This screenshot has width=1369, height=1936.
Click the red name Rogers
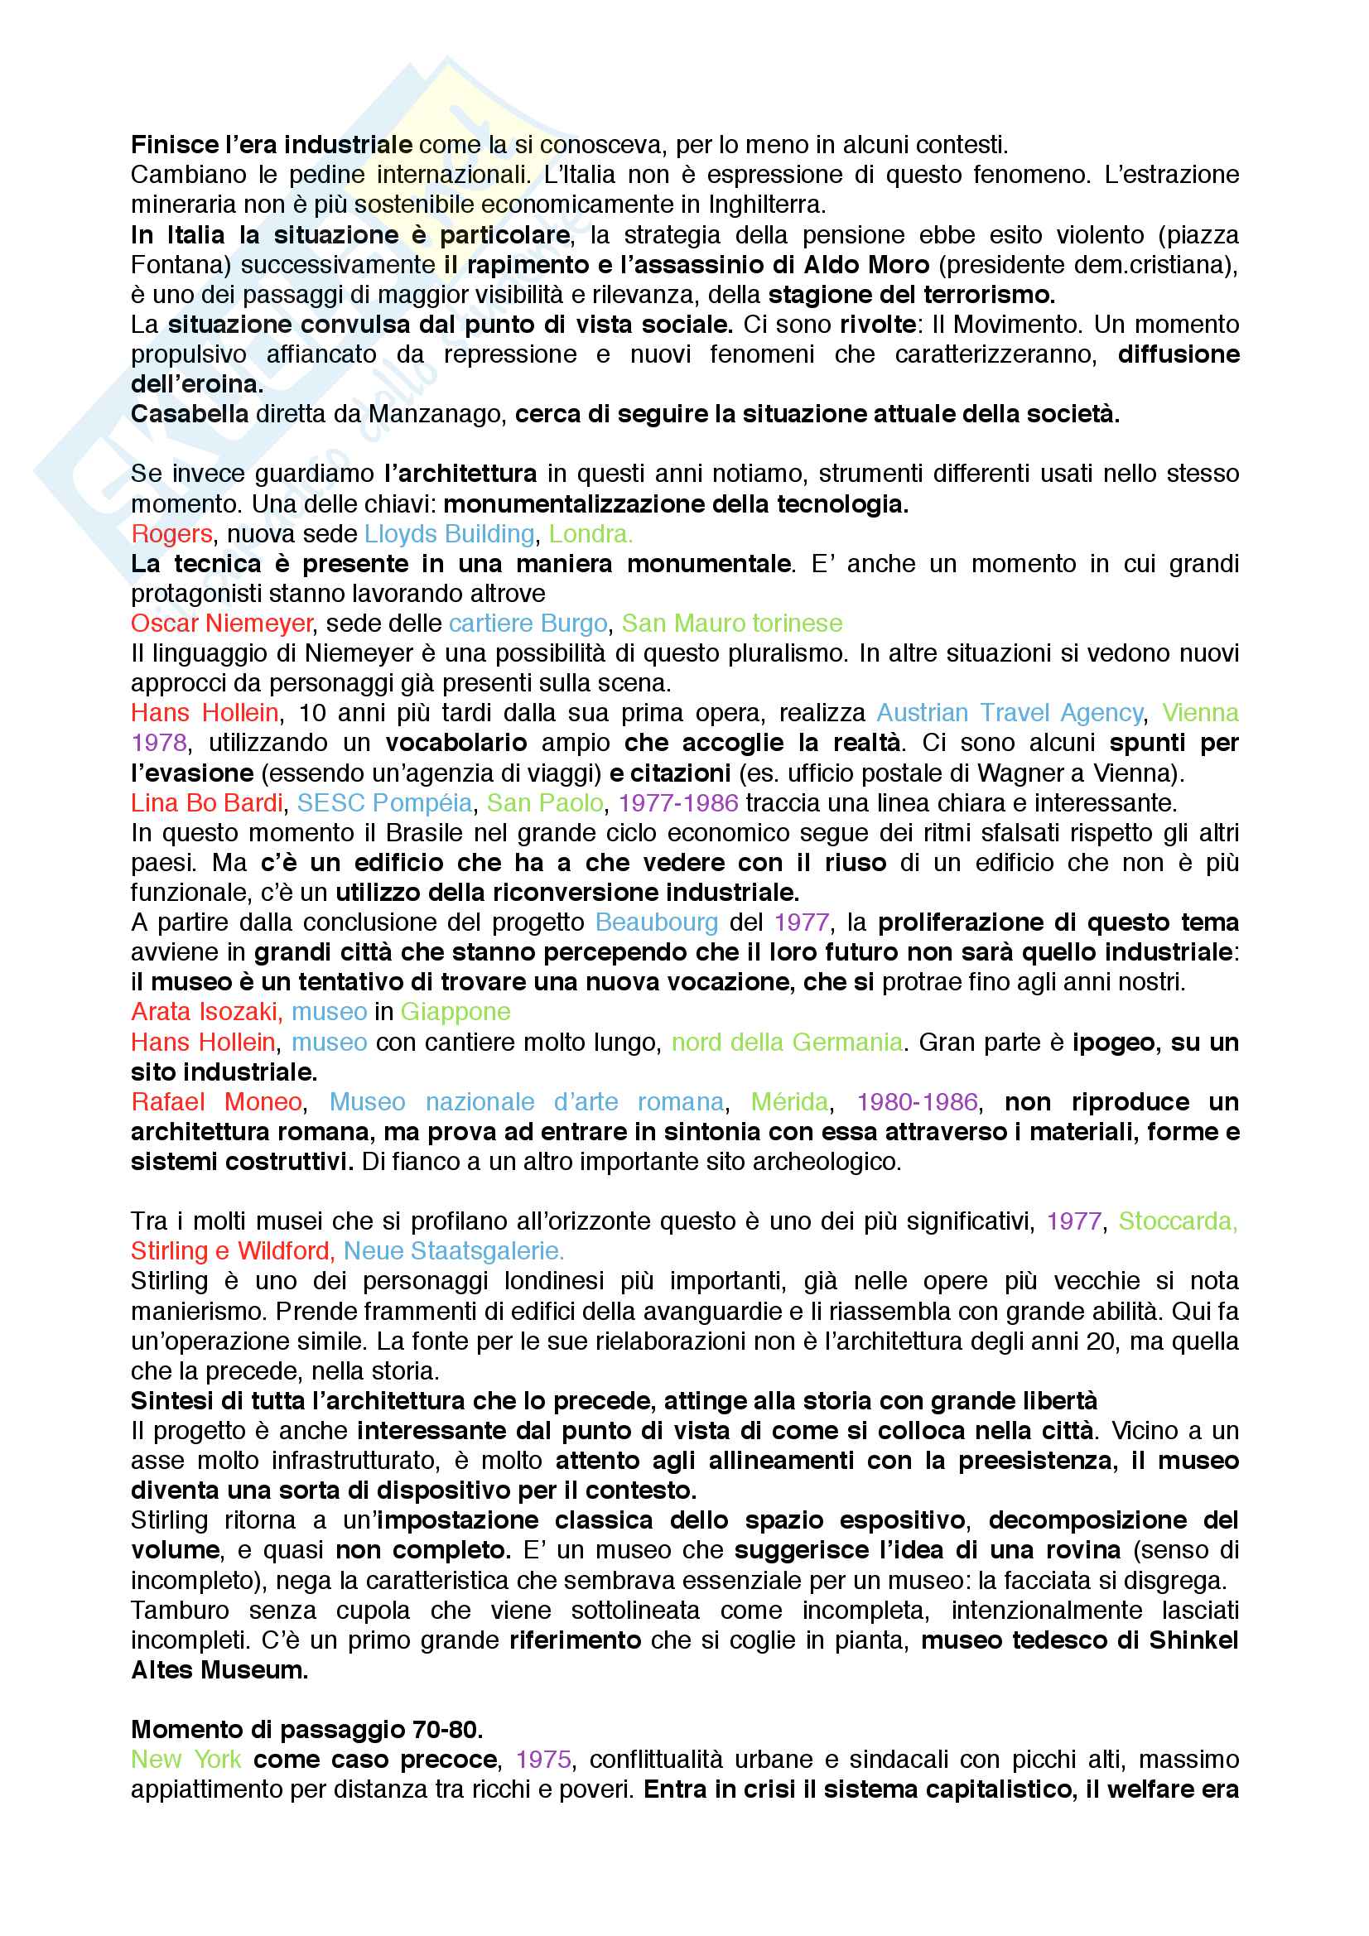(x=171, y=534)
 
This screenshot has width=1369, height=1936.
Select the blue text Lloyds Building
(x=449, y=534)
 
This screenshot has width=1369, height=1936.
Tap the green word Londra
(x=590, y=534)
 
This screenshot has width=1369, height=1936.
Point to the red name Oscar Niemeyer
(x=222, y=624)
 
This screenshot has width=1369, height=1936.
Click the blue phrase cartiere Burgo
(x=528, y=624)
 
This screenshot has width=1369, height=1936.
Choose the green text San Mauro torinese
(x=731, y=624)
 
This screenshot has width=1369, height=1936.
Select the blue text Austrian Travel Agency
(x=1010, y=712)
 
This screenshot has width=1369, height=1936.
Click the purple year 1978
(x=158, y=743)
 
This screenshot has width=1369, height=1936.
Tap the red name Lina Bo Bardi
(x=207, y=802)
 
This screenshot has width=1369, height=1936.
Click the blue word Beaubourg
(x=656, y=922)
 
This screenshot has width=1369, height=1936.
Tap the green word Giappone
(x=456, y=1012)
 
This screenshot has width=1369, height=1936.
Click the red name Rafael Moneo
(x=217, y=1102)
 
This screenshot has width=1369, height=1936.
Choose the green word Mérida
(x=789, y=1102)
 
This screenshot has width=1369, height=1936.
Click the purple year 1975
(x=543, y=1760)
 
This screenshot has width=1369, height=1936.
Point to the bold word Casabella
(x=190, y=414)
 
